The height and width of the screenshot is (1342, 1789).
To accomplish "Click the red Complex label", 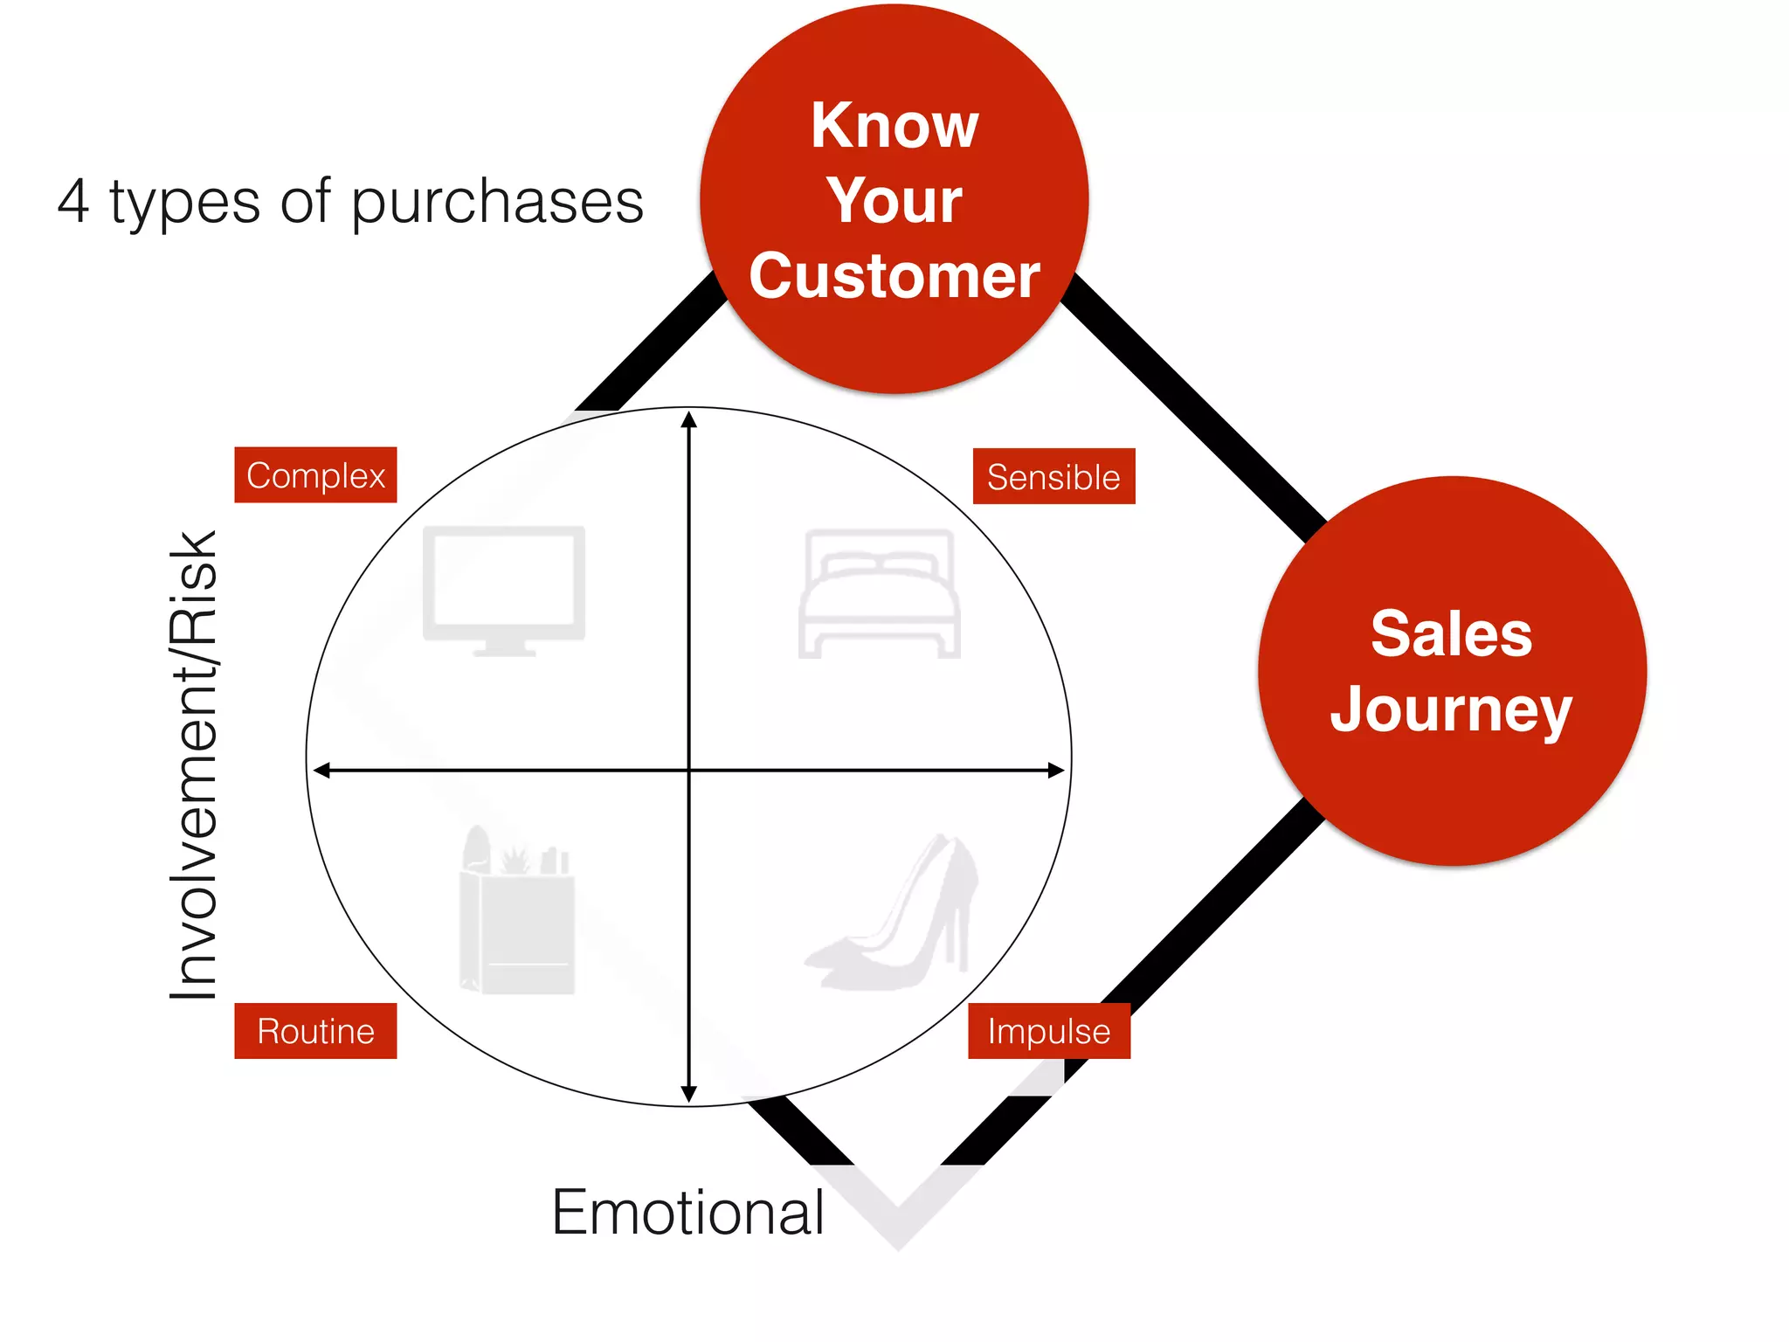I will click(315, 475).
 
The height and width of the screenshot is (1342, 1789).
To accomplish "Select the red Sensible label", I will click(1053, 477).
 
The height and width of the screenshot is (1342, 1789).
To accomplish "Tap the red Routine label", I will click(315, 1031).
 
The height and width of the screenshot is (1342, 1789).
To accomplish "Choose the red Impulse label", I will click(1048, 1031).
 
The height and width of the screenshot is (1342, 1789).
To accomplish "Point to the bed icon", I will click(879, 594).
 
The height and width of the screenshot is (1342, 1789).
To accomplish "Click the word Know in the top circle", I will click(894, 126).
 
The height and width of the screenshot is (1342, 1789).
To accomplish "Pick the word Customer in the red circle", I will click(894, 276).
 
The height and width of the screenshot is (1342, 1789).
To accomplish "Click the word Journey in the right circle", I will click(1451, 709).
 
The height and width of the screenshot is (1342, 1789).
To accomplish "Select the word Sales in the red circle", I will click(1451, 633).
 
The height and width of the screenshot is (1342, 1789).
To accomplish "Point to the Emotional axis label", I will click(687, 1213).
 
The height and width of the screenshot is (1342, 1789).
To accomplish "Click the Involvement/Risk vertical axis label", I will click(194, 765).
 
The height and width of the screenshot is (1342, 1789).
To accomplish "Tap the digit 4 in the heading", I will click(73, 201).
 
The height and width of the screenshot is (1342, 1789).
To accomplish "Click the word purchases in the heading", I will click(498, 203).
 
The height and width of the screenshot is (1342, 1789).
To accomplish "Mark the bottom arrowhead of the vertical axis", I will click(689, 1094).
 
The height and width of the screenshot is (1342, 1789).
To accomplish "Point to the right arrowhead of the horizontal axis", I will click(1057, 771).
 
